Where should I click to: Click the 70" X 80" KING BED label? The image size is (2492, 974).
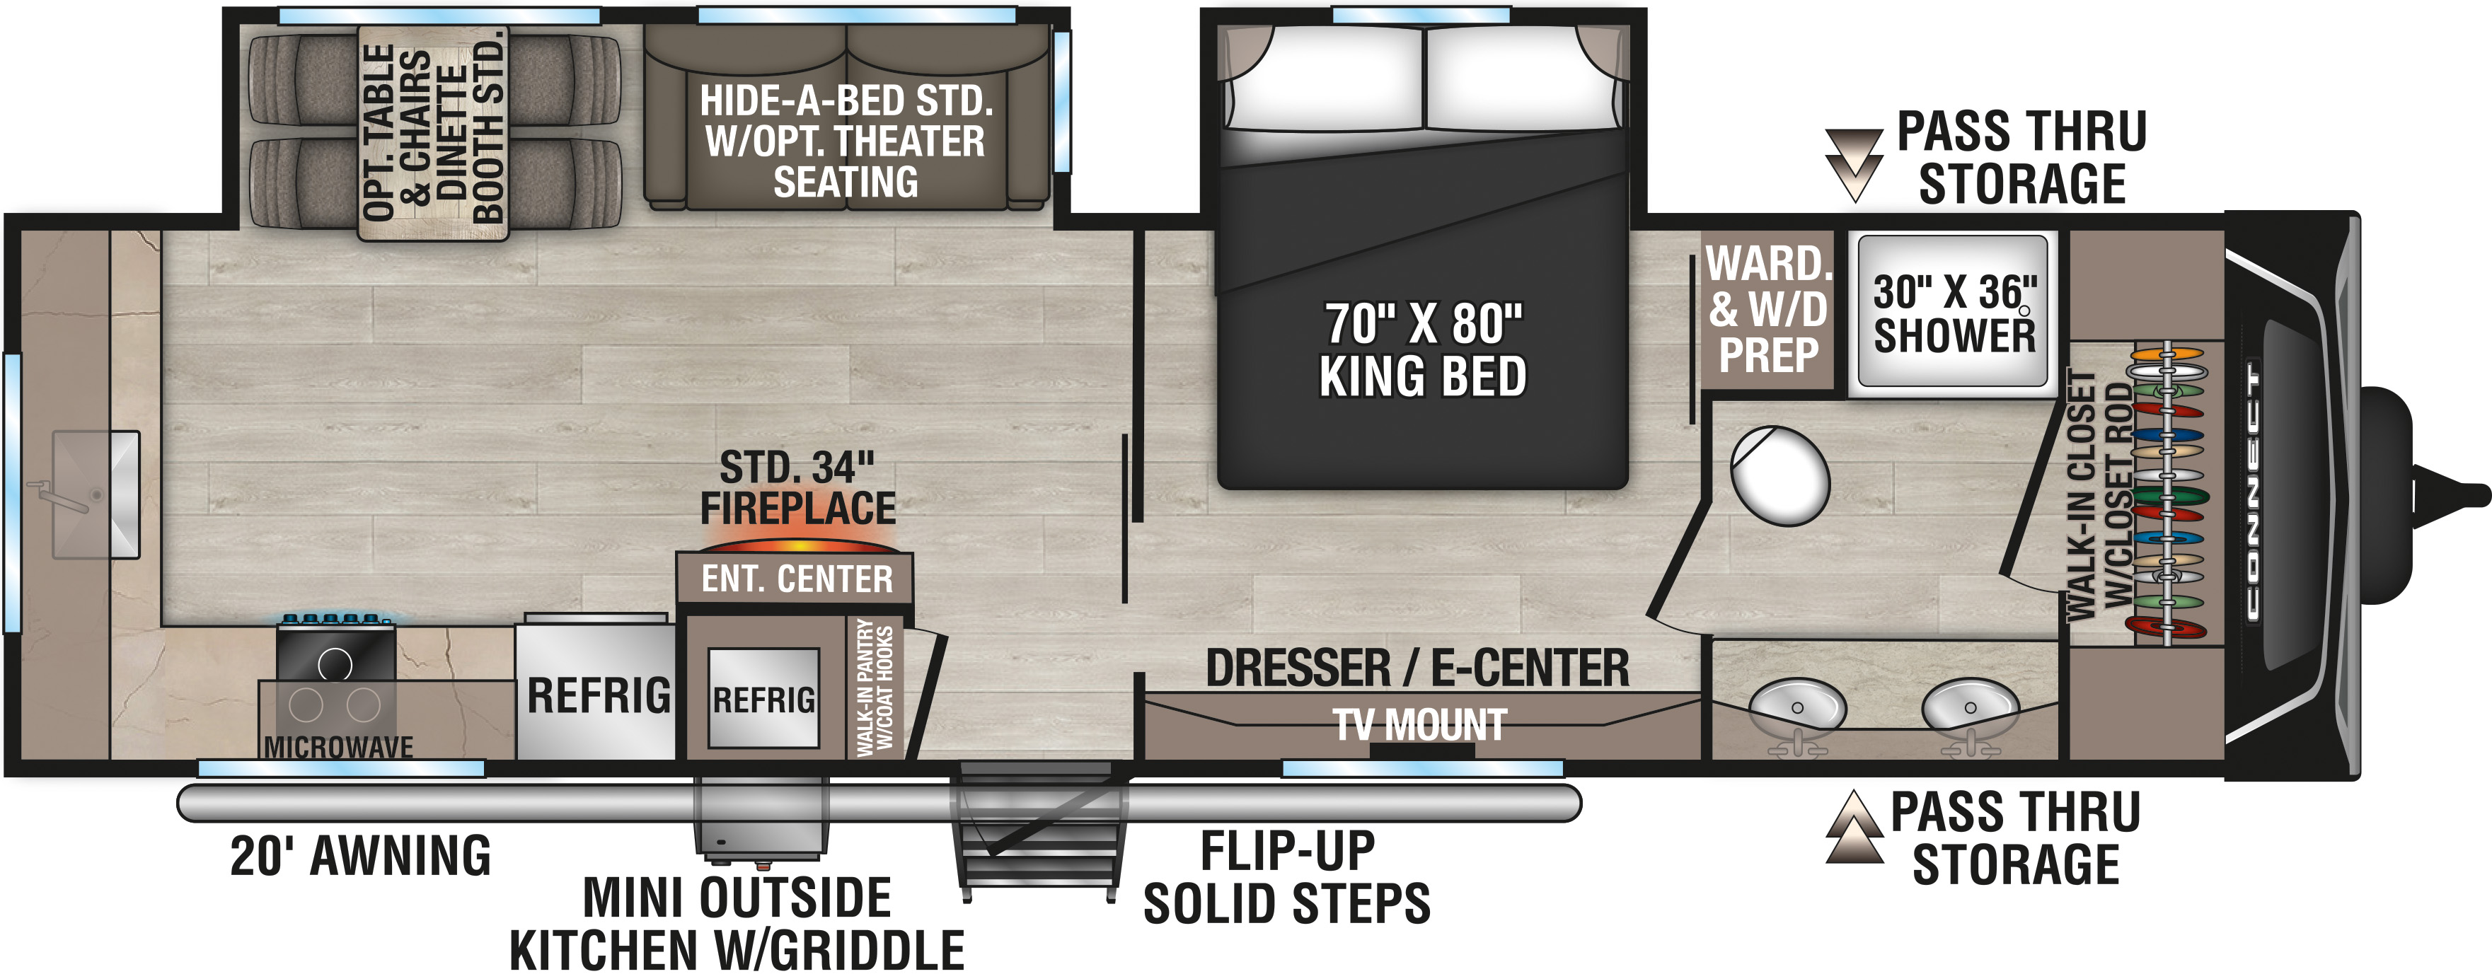(x=1423, y=350)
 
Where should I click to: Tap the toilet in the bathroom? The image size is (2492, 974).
(x=1779, y=476)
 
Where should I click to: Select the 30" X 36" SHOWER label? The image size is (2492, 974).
(x=1954, y=313)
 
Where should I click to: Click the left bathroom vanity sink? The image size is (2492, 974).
(x=1796, y=706)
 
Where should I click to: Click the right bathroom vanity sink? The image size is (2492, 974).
(x=1970, y=706)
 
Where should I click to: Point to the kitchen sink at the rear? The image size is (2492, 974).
(x=96, y=494)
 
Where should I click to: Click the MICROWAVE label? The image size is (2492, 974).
(x=339, y=747)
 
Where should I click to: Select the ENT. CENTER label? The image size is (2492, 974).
(x=797, y=579)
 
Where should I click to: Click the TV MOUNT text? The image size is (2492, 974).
(x=1420, y=724)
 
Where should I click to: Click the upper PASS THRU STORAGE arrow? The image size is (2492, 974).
(x=1854, y=164)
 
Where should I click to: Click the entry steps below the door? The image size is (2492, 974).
(x=1041, y=832)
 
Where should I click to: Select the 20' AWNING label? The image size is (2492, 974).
(x=360, y=856)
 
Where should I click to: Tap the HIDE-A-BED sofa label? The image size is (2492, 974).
(x=846, y=141)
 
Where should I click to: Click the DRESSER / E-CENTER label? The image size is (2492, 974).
(x=1417, y=668)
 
